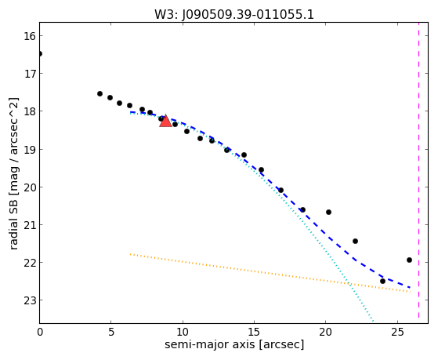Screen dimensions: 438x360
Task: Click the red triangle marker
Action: [165, 121]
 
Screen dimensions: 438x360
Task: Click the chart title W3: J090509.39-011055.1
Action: [234, 14]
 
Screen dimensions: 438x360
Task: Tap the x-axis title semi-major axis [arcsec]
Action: [234, 344]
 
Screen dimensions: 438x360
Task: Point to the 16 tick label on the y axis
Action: [29, 36]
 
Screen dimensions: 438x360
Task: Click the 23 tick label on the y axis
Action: [29, 300]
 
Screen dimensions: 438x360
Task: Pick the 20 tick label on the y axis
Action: [29, 187]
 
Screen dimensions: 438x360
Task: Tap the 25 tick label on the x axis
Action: [397, 332]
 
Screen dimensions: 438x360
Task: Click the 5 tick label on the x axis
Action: [111, 332]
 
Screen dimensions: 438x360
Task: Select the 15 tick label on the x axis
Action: [254, 332]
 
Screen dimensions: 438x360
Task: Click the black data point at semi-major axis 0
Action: [40, 53]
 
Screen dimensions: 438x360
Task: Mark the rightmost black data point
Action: [409, 260]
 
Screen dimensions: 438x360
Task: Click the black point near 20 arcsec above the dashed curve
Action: [328, 212]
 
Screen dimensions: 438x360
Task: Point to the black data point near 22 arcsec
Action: [355, 241]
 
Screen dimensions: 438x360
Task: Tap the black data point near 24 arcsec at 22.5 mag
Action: [382, 281]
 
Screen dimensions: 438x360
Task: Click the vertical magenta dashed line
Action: [418, 170]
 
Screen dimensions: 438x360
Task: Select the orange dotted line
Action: [270, 273]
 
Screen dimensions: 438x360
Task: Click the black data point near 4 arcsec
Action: [100, 93]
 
